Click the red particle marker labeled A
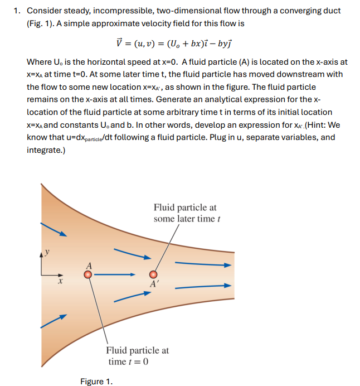(87, 274)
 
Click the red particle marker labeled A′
(153, 274)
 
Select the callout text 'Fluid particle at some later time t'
(186, 213)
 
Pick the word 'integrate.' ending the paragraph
(46, 150)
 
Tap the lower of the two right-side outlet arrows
(202, 287)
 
